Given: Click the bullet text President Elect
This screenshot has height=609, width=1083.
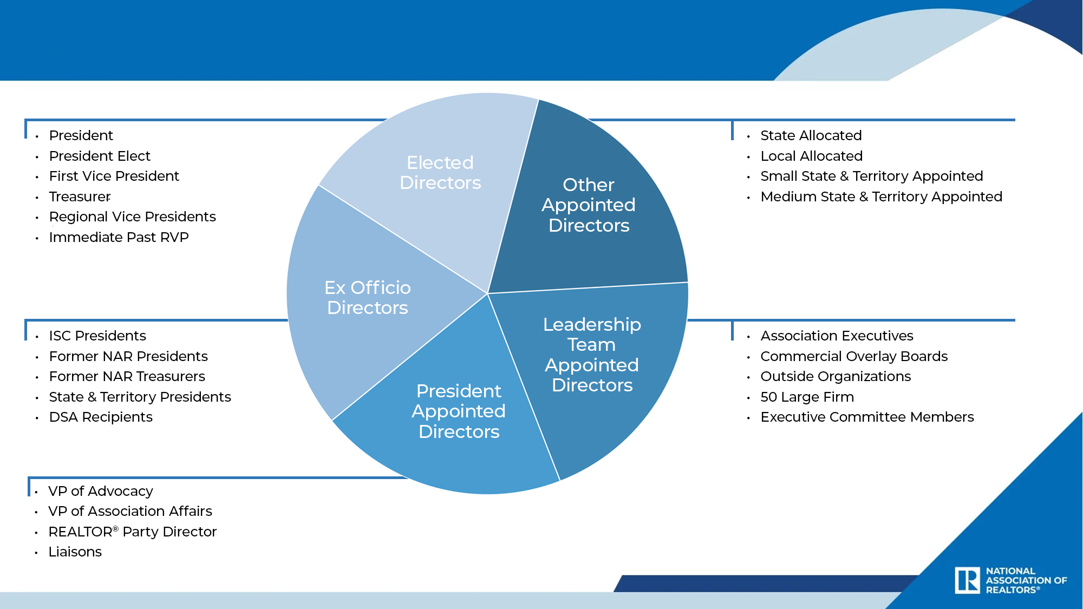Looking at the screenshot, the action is (100, 156).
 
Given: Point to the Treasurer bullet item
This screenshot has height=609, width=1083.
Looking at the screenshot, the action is (80, 197).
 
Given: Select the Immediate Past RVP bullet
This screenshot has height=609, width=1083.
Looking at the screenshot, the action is (119, 237).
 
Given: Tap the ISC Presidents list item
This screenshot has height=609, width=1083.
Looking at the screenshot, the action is (97, 336).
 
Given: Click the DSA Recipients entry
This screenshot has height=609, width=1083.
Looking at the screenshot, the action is (101, 417).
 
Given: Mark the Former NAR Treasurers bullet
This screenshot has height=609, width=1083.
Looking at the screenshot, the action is (127, 376).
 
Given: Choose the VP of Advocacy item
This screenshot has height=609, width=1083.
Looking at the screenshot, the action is (101, 491).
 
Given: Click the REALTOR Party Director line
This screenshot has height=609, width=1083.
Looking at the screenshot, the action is (133, 532).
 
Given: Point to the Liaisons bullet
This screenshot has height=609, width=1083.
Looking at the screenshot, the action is (75, 552).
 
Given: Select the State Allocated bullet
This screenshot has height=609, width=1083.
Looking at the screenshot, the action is (811, 135).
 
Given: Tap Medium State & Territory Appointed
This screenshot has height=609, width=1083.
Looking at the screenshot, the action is (882, 197).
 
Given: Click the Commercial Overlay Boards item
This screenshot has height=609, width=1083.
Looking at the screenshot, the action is (854, 356).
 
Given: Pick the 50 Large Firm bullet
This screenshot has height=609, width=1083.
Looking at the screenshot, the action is (807, 397).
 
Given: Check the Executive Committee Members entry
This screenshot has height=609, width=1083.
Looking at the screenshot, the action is (867, 417).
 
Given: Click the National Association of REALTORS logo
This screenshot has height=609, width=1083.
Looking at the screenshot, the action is (1010, 580).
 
